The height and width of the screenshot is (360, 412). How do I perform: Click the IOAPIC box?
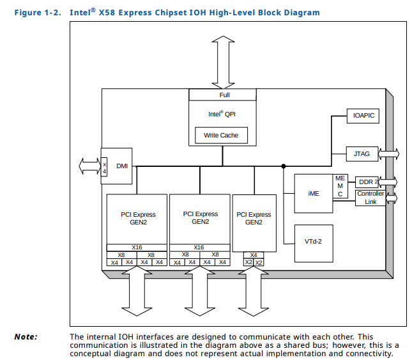click(363, 116)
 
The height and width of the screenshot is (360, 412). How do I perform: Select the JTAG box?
click(362, 154)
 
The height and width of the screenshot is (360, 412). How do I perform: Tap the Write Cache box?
click(220, 136)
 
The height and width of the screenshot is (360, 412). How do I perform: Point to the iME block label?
click(314, 193)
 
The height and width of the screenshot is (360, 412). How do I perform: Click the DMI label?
click(122, 166)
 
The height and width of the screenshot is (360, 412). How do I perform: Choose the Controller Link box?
click(370, 198)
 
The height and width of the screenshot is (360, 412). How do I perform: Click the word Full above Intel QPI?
click(224, 95)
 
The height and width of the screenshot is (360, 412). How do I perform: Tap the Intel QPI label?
click(222, 114)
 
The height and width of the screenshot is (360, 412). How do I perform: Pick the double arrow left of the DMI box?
click(89, 166)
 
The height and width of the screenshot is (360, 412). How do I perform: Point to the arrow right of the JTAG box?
click(389, 154)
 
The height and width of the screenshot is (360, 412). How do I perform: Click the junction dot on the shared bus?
click(284, 166)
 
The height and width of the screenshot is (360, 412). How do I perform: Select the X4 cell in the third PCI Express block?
click(253, 254)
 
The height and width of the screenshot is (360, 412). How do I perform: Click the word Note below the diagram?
click(26, 336)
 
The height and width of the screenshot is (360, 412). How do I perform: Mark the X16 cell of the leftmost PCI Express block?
click(137, 247)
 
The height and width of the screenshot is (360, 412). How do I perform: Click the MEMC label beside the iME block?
click(340, 185)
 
